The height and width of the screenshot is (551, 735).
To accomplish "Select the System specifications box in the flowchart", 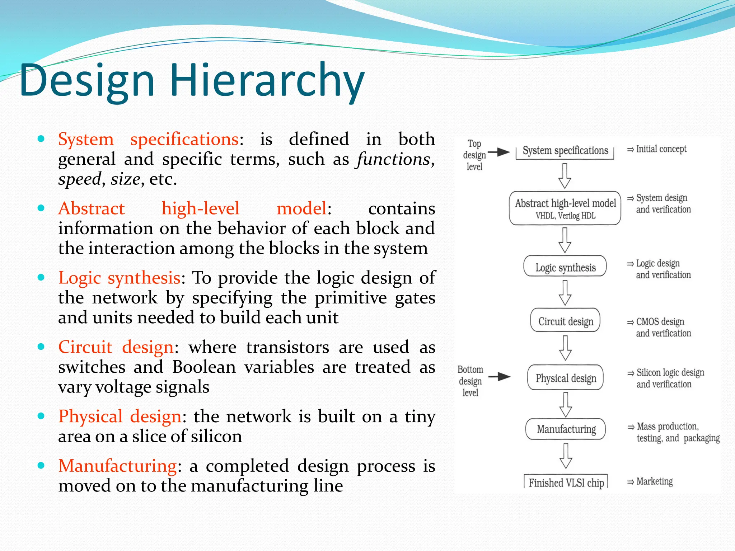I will pos(565,151).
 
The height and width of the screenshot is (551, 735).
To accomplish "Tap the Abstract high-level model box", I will pos(565,208).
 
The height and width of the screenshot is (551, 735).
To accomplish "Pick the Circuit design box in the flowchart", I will pos(565,321).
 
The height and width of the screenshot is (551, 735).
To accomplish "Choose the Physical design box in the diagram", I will pos(566,378).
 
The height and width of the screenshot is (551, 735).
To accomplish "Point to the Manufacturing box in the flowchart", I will pos(566,429).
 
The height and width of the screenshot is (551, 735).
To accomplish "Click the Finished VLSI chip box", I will pos(566,482).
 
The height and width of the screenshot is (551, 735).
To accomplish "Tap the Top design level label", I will pos(474,155).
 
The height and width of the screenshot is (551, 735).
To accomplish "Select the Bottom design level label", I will pos(470,381).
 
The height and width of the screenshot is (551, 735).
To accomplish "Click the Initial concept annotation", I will pos(661,149).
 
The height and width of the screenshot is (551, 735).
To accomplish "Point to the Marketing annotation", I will pos(654,481).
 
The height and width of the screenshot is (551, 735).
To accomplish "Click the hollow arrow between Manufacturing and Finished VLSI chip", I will pos(566,456).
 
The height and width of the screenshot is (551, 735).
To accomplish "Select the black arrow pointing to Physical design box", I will pos(500,377).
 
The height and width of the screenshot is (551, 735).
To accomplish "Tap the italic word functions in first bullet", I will pos(393,159).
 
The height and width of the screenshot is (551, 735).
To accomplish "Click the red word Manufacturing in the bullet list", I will pos(117,466).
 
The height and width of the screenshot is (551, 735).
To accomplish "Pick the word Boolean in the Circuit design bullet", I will pos(204,367).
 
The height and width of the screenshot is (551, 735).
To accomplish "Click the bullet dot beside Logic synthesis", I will pos(41,277).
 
